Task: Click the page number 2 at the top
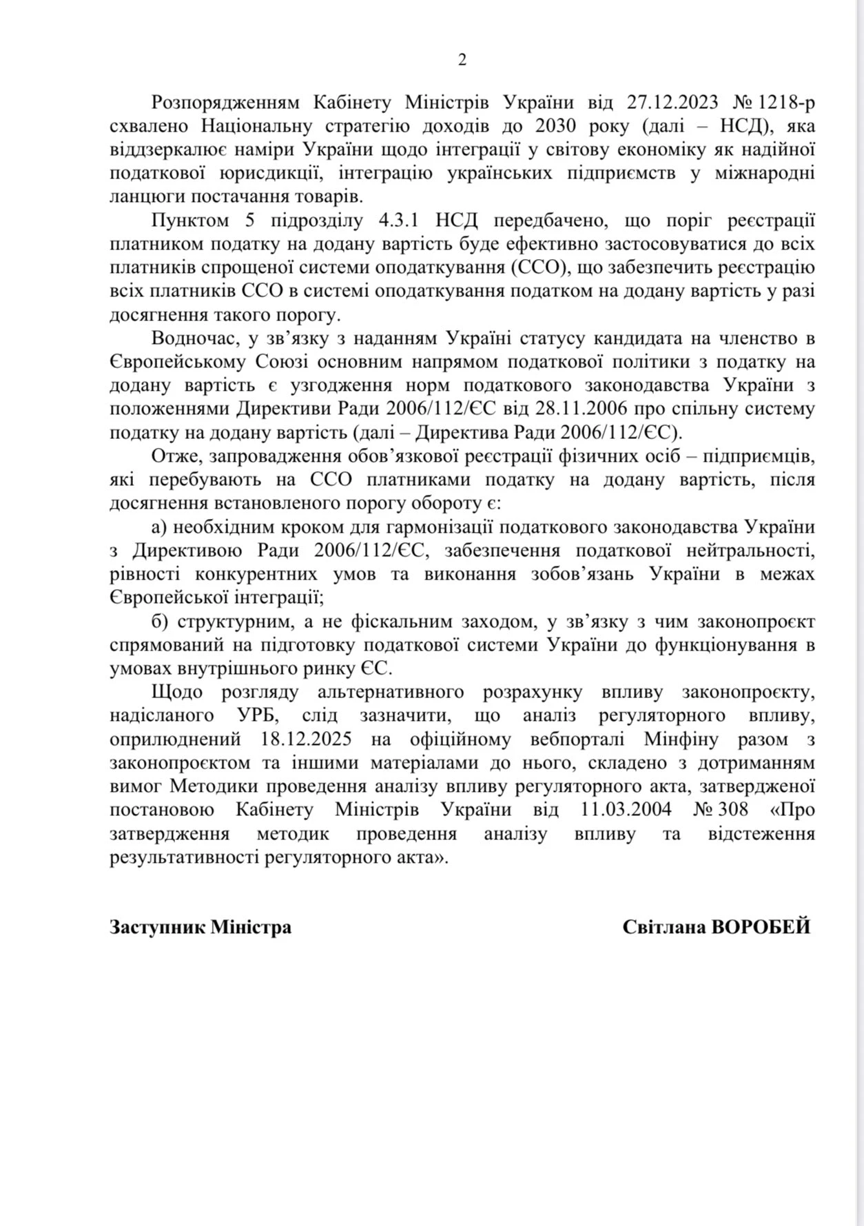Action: pos(462,61)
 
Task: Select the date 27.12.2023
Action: pos(672,103)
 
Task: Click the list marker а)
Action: pos(160,527)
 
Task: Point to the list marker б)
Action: pos(161,622)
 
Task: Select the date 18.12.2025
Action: pos(307,739)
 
